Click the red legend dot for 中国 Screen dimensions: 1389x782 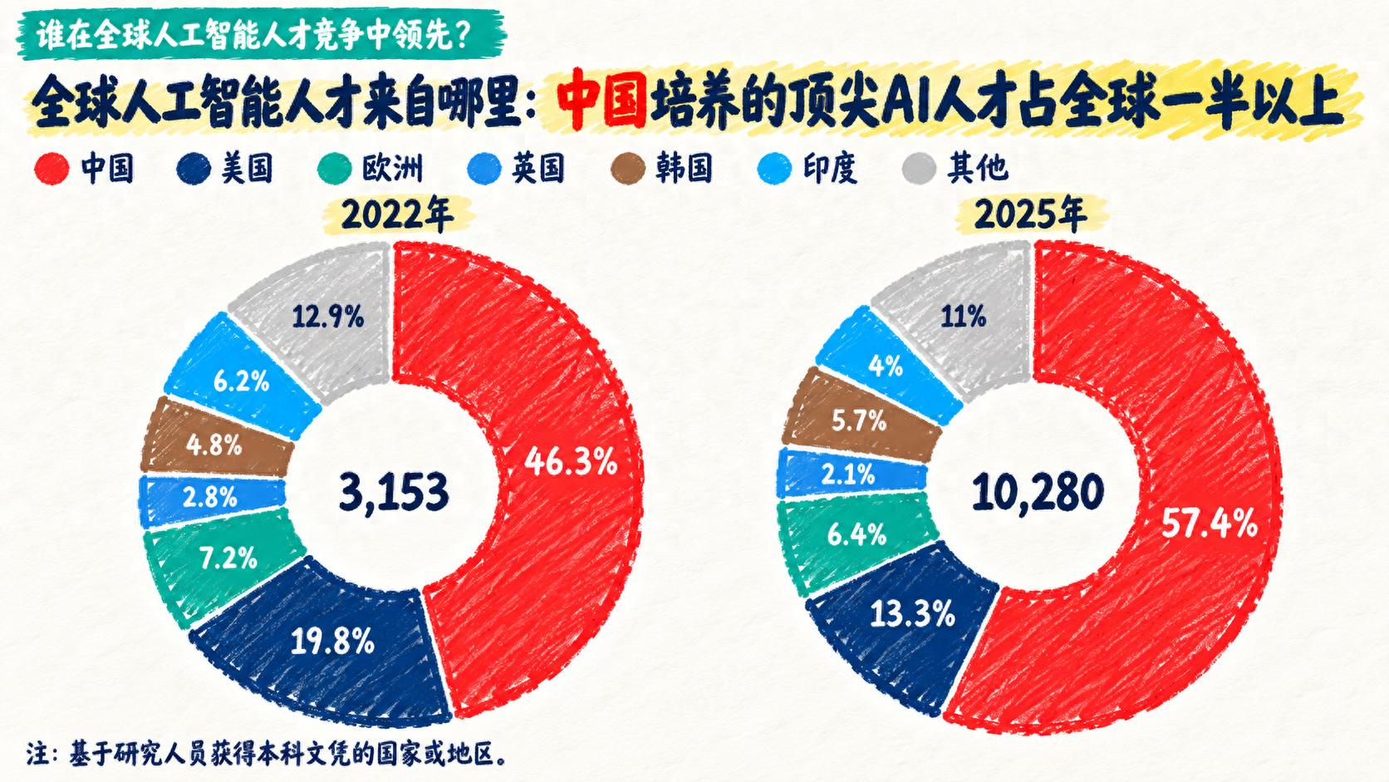52,168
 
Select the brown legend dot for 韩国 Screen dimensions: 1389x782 628,168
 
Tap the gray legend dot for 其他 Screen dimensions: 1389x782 918,168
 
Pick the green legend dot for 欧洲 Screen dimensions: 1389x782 334,168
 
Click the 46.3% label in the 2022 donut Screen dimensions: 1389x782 571,462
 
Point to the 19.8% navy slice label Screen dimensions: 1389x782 332,641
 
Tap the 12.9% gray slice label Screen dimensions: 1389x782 328,317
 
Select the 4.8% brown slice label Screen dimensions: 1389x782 214,445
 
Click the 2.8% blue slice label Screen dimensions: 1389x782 209,497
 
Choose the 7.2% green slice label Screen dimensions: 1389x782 228,558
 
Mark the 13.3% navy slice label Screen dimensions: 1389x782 912,614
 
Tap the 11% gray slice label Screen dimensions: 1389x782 964,317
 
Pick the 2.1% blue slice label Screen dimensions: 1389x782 847,475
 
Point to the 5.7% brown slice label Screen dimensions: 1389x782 859,421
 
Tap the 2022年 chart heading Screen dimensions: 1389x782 397,214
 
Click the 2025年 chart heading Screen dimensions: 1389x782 1031,214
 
